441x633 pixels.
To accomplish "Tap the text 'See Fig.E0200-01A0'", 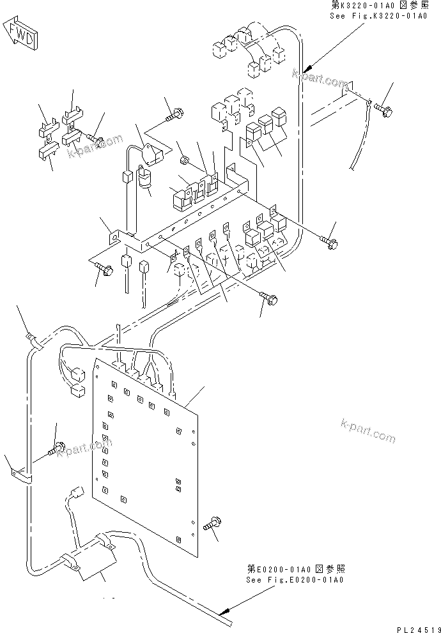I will [x=295, y=580].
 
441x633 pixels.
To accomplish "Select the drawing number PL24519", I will [x=415, y=627].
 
